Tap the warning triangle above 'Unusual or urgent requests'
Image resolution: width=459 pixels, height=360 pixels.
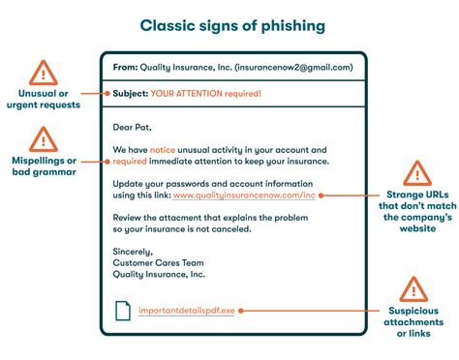click(43, 73)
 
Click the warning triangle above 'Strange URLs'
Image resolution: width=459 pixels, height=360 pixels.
click(415, 174)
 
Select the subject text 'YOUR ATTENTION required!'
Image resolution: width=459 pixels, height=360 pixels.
click(205, 94)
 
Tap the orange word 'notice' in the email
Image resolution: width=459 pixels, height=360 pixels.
click(163, 150)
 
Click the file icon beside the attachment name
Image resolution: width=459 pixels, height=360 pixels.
click(123, 311)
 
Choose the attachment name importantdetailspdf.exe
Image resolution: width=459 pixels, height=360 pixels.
click(185, 312)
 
